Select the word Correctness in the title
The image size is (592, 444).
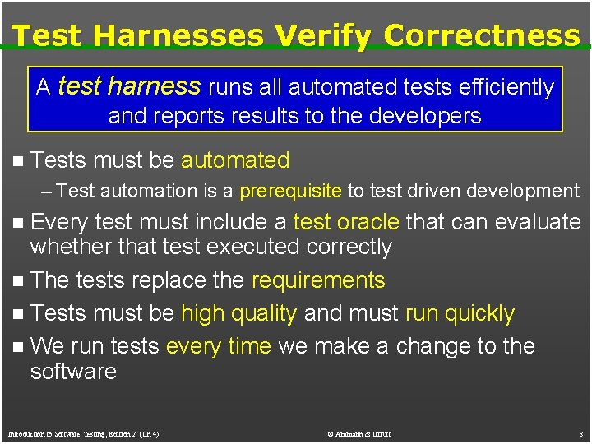482,35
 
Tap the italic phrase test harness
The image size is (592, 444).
129,86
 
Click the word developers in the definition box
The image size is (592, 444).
425,116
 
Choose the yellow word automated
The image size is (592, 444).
235,160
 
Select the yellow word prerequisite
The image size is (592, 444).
290,192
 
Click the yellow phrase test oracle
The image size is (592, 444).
346,222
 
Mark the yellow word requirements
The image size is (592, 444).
318,280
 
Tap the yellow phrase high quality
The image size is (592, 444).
238,313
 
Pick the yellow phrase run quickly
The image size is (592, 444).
460,313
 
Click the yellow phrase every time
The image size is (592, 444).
218,346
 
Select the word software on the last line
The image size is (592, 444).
73,372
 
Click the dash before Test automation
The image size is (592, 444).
47,192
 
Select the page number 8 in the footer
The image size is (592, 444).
580,433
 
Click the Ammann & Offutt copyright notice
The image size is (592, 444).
358,433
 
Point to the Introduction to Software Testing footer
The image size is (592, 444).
83,433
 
